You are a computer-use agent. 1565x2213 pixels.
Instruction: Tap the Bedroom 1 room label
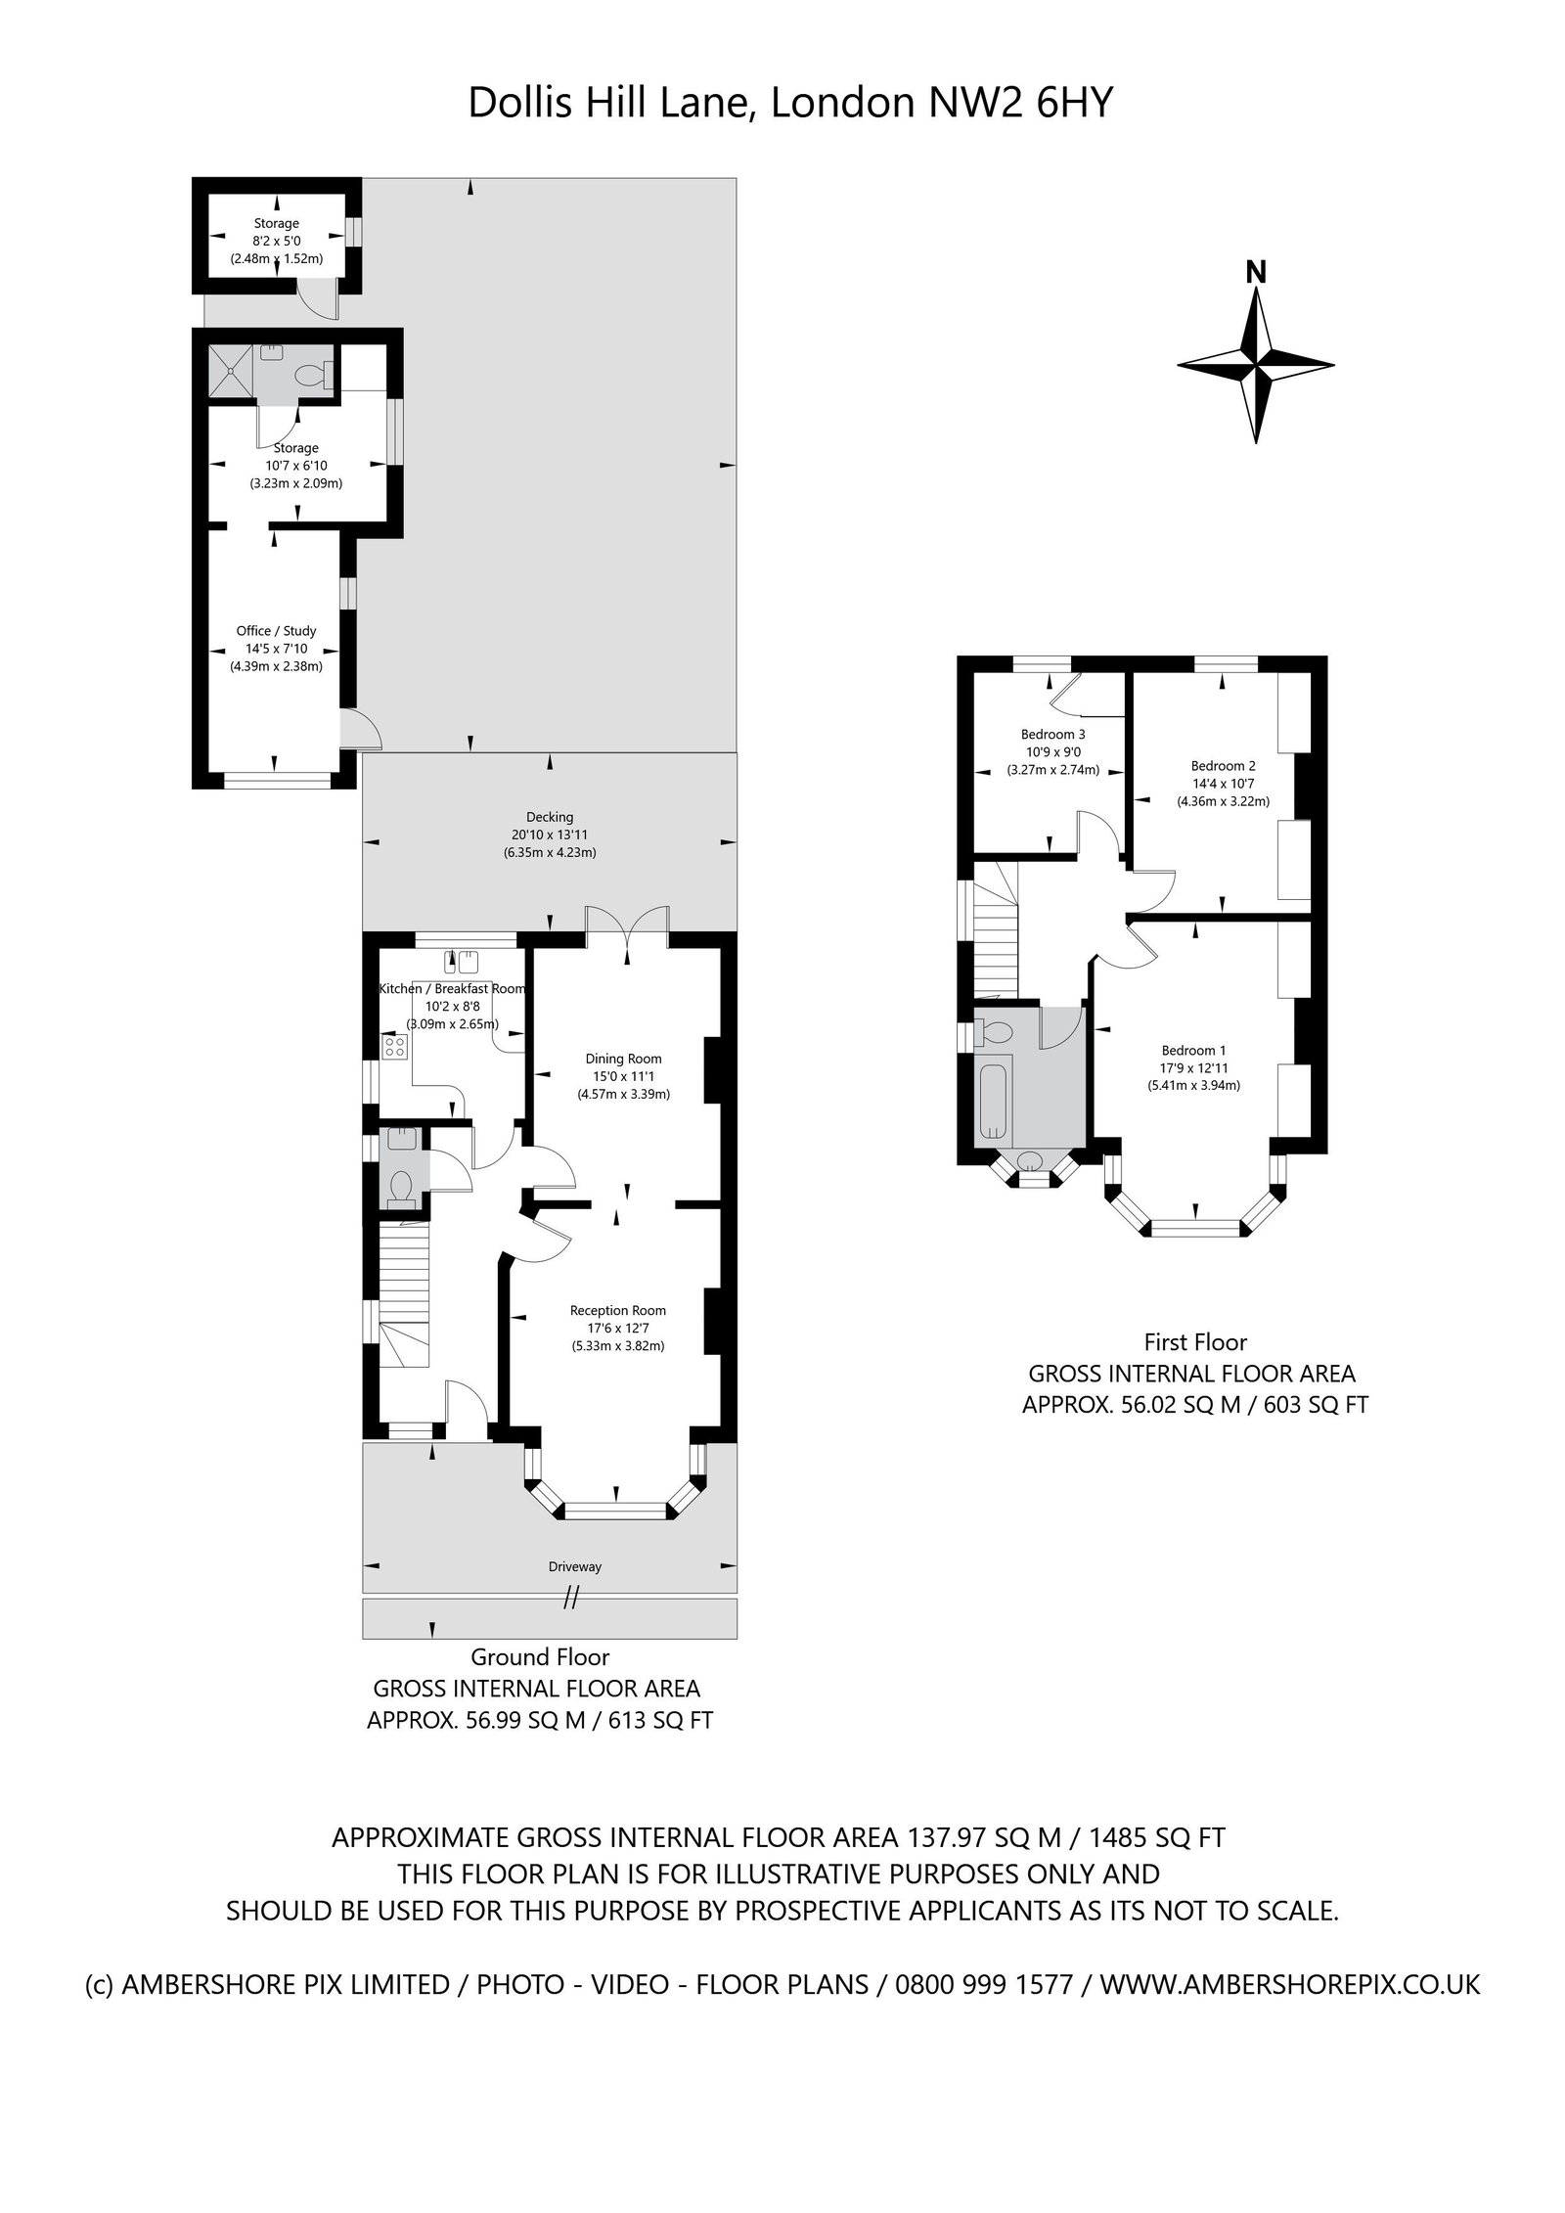(x=1193, y=1051)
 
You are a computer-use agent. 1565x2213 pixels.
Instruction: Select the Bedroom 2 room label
(x=1223, y=766)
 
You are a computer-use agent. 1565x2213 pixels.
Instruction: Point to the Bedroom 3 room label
(x=1052, y=734)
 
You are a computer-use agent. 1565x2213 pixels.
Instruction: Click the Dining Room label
(x=623, y=1059)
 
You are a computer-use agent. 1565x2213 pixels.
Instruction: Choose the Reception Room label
(x=618, y=1311)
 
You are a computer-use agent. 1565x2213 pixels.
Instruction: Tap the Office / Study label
(x=276, y=631)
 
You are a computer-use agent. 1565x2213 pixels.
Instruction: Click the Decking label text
(x=549, y=817)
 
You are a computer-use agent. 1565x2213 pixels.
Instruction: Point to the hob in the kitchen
(x=395, y=1047)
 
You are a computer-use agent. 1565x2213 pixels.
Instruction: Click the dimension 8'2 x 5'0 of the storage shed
(x=276, y=241)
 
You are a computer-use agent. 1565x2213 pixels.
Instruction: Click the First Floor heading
(x=1195, y=1341)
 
